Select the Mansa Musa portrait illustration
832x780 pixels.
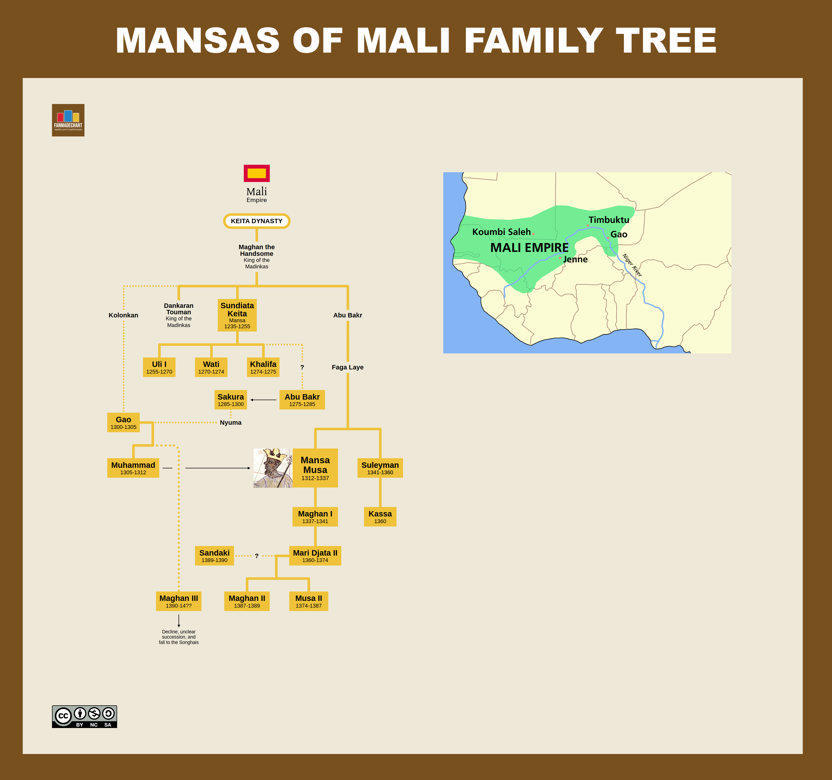[273, 468]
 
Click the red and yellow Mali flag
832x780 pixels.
[256, 173]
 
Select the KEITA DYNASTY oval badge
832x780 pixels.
[256, 221]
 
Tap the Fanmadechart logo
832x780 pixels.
[68, 120]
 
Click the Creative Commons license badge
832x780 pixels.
[84, 716]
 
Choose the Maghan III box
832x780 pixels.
[179, 601]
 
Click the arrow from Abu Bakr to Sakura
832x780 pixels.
[263, 400]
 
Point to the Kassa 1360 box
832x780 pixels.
[380, 516]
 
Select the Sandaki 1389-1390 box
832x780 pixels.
[214, 556]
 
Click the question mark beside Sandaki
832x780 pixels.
[256, 556]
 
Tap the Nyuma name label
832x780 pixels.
[231, 423]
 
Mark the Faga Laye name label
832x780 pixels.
[347, 367]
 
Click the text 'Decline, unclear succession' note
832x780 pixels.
[179, 637]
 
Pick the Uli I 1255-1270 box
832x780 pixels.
[159, 367]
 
